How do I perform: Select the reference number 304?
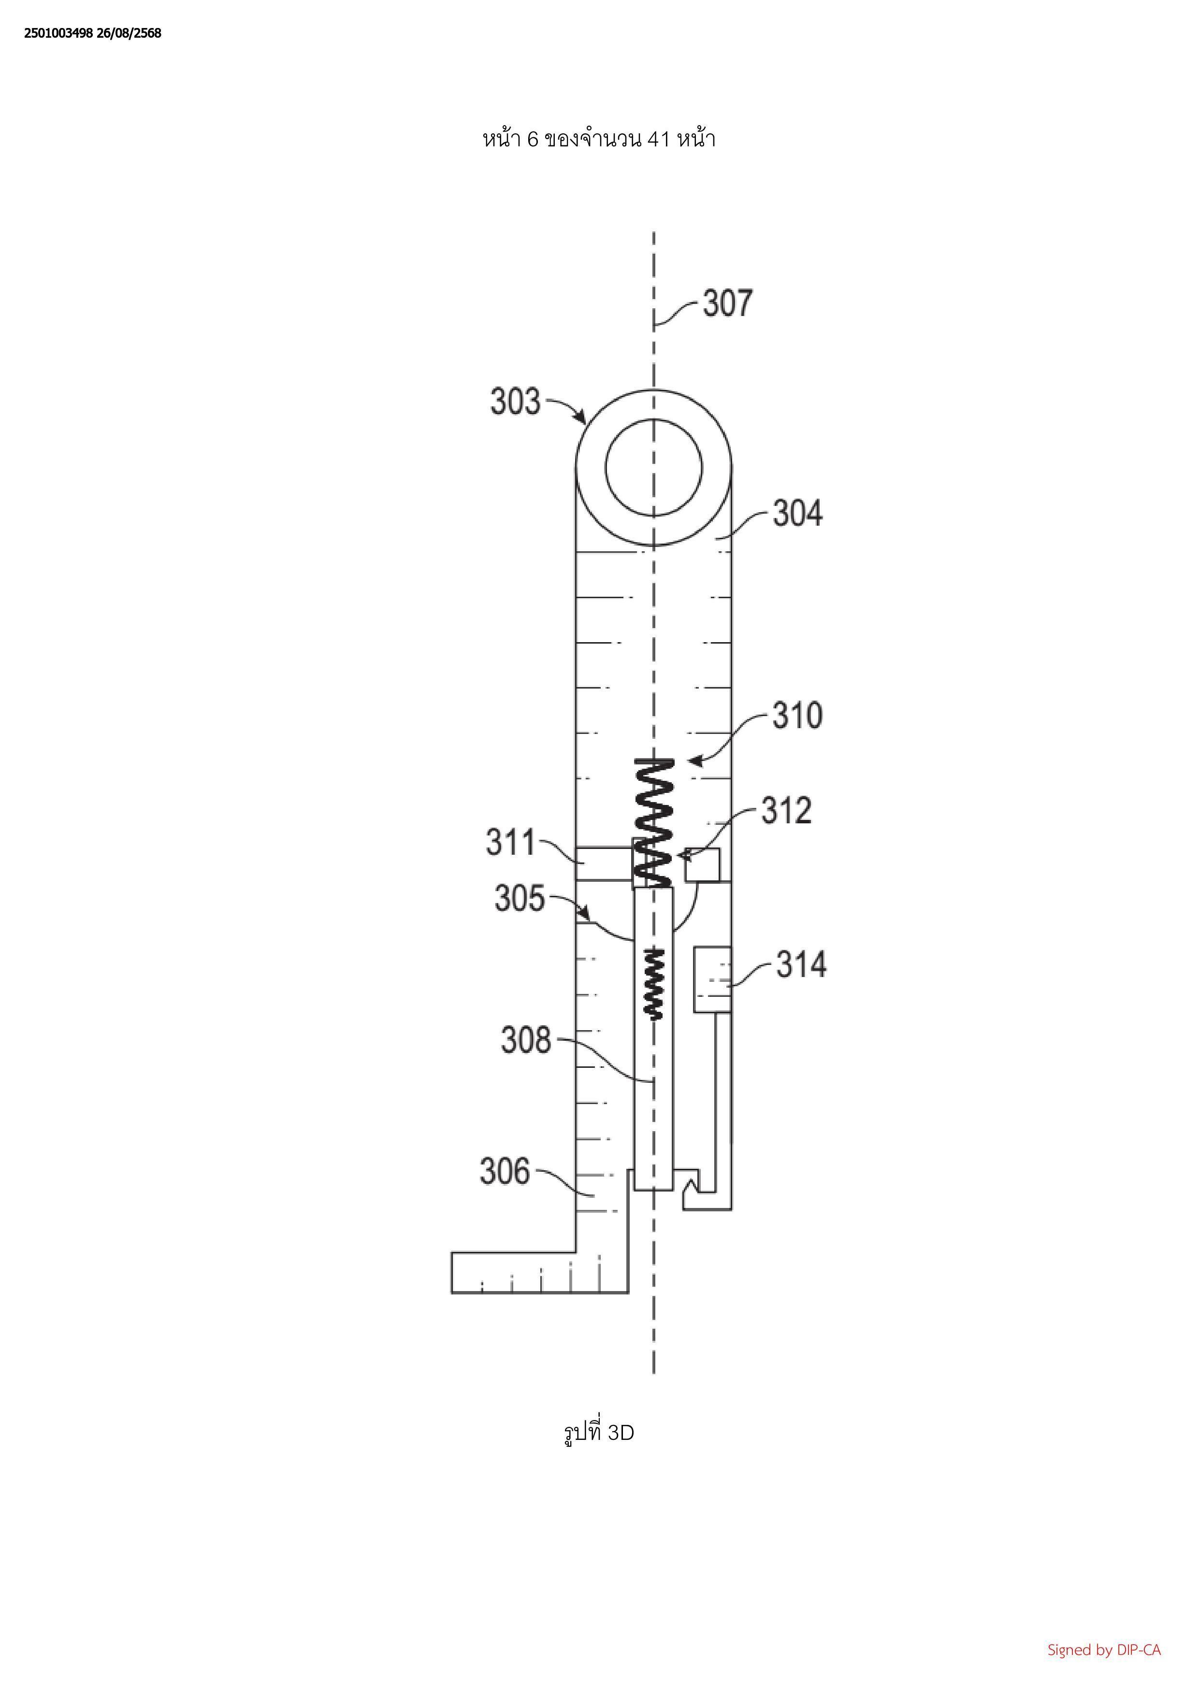click(x=797, y=513)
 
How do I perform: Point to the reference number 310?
click(x=797, y=716)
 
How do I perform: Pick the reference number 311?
click(x=510, y=842)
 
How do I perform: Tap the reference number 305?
click(x=519, y=898)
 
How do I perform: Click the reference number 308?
click(x=526, y=1040)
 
